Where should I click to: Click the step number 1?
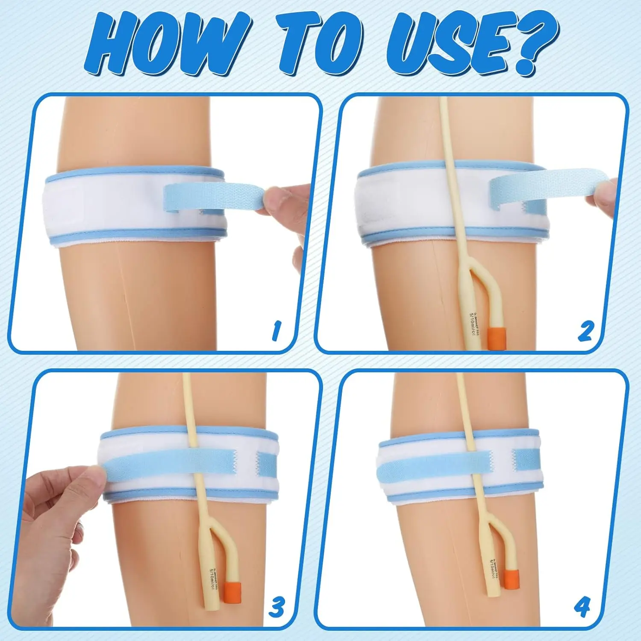[276, 331]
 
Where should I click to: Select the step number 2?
[585, 331]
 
